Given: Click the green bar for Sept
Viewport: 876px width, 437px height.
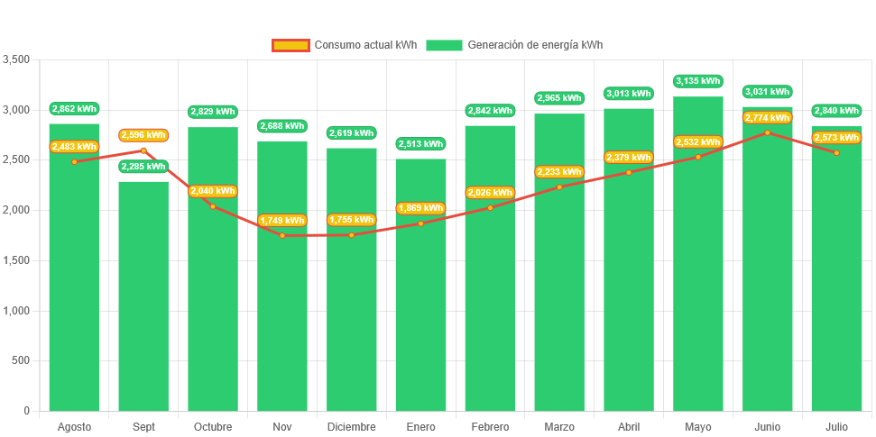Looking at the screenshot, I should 143,297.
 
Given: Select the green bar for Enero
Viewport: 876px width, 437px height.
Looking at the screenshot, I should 420,297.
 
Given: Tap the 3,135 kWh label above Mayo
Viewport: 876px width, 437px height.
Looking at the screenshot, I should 698,81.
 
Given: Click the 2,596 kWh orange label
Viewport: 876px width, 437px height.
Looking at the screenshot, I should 143,135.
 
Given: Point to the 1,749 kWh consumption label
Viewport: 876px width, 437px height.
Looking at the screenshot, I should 282,220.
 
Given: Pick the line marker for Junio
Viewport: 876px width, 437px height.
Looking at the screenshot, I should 768,132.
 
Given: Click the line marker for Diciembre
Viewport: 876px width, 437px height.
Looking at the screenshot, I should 351,235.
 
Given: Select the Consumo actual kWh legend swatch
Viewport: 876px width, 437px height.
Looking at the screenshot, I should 290,45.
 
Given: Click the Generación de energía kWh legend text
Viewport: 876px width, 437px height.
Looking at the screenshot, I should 535,45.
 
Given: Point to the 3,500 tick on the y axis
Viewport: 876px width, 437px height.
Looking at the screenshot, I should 16,59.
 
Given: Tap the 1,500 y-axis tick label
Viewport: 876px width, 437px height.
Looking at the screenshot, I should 16,260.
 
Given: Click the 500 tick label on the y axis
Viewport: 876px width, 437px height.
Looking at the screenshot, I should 20,360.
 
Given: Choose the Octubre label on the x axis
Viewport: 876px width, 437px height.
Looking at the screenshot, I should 213,426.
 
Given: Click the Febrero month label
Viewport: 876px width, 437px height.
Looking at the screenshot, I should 490,426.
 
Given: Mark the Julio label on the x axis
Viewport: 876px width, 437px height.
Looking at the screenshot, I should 836,426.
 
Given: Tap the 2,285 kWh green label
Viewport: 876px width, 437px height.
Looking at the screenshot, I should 143,167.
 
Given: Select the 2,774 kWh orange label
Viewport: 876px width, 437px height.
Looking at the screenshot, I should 768,118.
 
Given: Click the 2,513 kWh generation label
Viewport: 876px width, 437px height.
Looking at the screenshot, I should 420,143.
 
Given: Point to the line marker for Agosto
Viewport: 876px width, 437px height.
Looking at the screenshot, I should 74,161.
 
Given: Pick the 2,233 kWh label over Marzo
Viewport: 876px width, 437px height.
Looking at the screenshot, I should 559,172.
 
